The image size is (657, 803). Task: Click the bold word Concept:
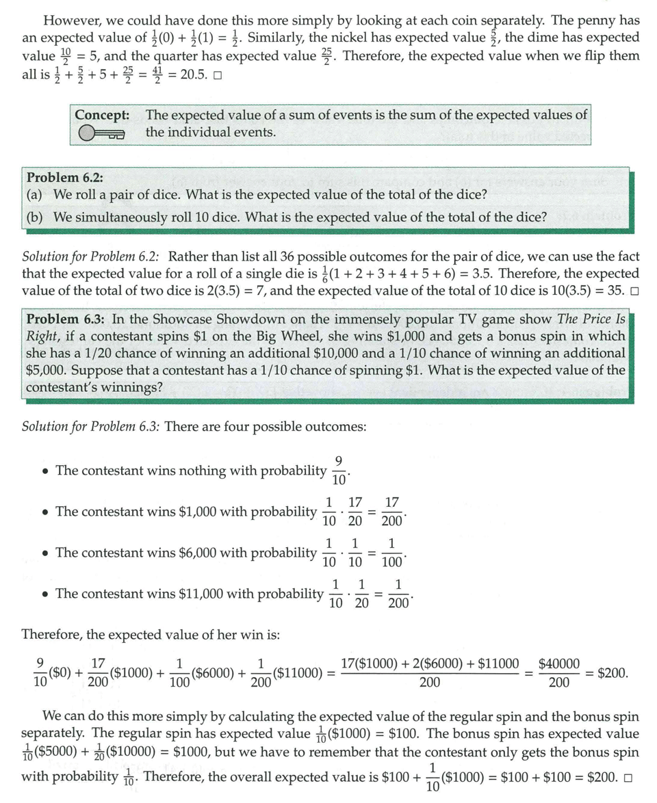103,115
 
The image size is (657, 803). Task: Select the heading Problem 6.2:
65,177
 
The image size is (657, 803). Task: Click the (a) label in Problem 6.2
35,195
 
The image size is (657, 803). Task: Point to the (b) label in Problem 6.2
35,217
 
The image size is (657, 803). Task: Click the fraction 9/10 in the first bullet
339,471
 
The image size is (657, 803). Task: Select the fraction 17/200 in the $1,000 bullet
392,512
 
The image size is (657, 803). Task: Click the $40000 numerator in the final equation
559,663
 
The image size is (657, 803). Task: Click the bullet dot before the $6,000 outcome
44,553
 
